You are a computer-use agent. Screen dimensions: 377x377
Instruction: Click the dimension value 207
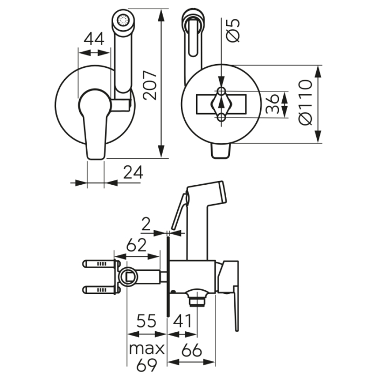point(151,85)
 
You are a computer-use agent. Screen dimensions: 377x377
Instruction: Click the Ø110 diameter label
point(305,103)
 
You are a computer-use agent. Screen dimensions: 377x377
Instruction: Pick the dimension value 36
point(274,103)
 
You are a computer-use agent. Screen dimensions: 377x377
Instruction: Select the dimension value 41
point(184,322)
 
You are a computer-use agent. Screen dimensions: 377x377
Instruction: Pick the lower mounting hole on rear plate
point(221,117)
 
